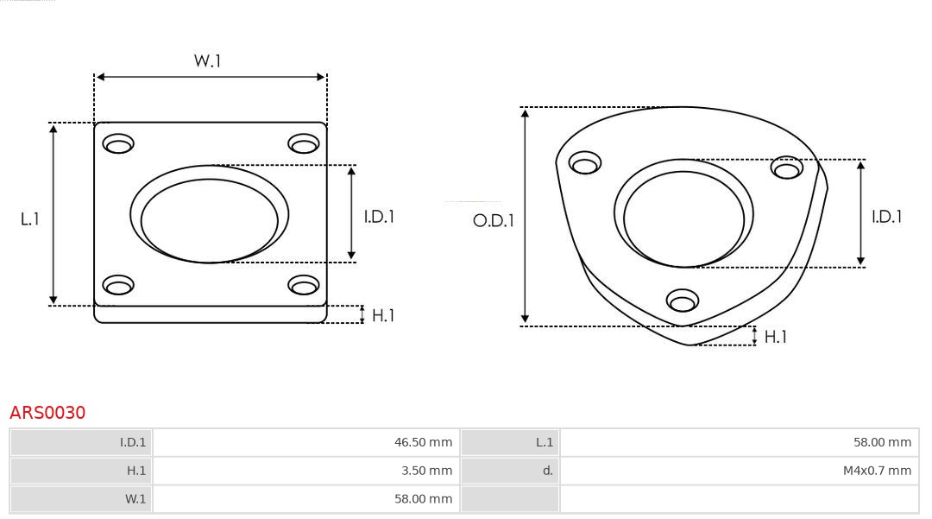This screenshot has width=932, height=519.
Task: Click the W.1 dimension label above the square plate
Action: (207, 60)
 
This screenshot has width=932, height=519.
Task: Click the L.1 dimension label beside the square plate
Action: (30, 219)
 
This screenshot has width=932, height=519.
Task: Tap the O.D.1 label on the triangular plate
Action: (493, 220)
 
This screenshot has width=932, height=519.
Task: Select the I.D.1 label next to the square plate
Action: (378, 217)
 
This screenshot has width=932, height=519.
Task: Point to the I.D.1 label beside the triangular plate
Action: (886, 217)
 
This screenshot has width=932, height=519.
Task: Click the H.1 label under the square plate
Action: (382, 315)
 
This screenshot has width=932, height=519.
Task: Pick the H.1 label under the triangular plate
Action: (775, 337)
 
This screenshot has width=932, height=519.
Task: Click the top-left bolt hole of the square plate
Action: (118, 143)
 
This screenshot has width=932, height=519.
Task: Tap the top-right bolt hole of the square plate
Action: (304, 143)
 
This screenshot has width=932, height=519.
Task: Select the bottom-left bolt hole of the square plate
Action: (118, 285)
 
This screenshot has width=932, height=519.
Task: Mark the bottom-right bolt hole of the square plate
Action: (304, 285)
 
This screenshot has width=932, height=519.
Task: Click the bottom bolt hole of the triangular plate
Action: (683, 301)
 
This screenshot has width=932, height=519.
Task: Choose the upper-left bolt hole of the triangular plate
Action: (586, 163)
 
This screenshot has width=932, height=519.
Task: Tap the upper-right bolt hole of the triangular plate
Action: (787, 168)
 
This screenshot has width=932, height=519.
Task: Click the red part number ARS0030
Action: (47, 413)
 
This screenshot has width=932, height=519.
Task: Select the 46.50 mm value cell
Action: (423, 442)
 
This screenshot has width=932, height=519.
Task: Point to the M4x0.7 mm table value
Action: (877, 471)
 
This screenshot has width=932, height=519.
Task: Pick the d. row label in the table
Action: (547, 471)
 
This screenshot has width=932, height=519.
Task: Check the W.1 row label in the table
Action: (135, 499)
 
